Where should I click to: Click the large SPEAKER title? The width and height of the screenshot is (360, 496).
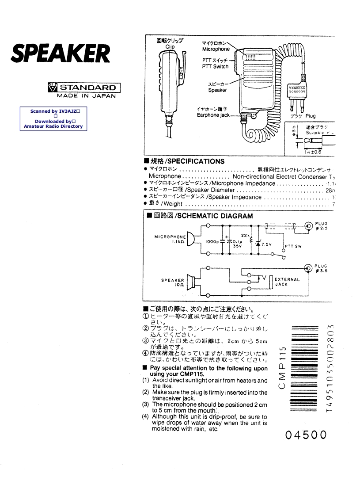tap(60, 54)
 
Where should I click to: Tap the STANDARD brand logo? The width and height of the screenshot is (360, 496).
tap(84, 87)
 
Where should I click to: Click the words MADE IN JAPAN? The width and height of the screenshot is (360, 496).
tap(86, 96)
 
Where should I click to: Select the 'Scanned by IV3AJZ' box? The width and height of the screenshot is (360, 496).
tap(53, 118)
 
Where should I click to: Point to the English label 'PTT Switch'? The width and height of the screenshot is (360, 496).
tap(215, 67)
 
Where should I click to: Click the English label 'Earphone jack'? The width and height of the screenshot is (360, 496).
tap(213, 115)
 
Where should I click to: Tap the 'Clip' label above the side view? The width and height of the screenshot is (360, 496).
tap(170, 47)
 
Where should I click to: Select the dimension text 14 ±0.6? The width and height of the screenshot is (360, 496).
tap(313, 152)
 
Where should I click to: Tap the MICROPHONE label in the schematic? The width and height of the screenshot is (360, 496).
tap(170, 237)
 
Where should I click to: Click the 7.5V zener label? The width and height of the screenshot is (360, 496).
tap(265, 244)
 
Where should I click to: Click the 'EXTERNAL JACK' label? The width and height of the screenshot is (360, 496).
tap(287, 282)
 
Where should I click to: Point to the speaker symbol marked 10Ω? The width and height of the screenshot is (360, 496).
tap(191, 281)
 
